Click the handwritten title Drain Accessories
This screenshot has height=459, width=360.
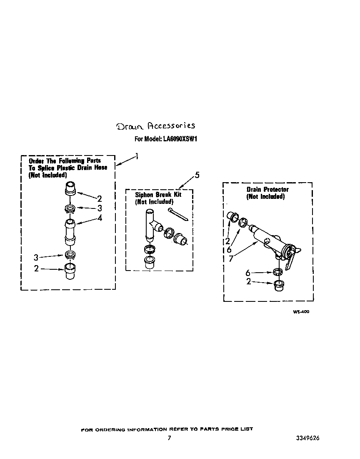(x=156, y=126)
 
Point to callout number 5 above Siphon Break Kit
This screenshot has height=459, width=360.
(x=197, y=175)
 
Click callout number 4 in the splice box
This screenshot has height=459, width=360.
(x=100, y=218)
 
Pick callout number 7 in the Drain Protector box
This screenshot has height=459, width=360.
(x=231, y=258)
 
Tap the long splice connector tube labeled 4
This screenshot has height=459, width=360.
(x=70, y=232)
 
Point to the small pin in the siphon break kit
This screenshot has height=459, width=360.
(x=178, y=214)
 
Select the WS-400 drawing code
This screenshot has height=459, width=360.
(x=301, y=312)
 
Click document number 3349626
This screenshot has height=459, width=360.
(x=307, y=438)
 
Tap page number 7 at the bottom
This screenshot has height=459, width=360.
(x=169, y=438)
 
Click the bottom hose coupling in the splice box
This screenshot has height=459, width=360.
(x=70, y=271)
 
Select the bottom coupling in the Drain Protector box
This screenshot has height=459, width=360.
(x=279, y=285)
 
